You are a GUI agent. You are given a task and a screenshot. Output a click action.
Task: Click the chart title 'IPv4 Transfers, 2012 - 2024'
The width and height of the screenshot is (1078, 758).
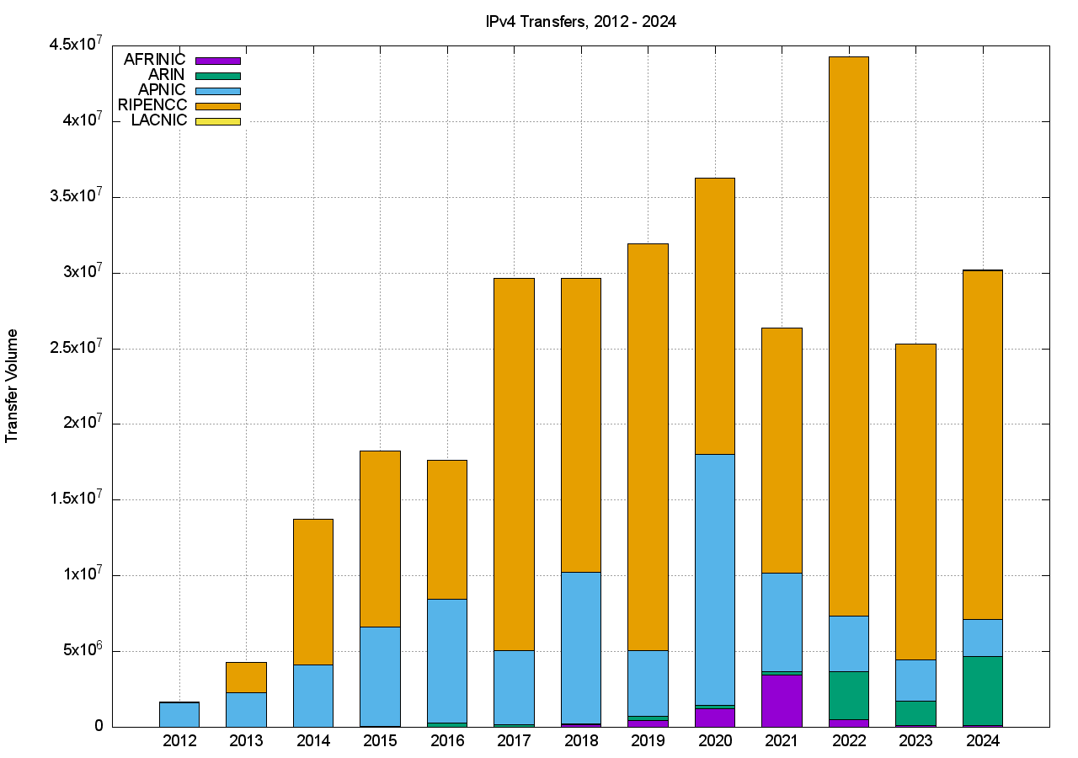tap(580, 22)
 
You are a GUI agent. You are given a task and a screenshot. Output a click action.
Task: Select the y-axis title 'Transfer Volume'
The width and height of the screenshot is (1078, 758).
tap(12, 386)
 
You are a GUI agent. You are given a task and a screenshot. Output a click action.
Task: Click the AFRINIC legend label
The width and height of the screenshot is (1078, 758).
tap(154, 60)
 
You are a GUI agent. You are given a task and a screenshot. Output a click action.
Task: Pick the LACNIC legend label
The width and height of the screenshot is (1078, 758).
tap(159, 120)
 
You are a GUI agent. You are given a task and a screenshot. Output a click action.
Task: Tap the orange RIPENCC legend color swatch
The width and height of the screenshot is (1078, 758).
tap(217, 106)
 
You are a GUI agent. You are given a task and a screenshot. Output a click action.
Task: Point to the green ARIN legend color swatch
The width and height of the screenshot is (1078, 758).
tap(217, 76)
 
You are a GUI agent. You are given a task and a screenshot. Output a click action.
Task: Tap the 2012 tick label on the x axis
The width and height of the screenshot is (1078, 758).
tap(179, 741)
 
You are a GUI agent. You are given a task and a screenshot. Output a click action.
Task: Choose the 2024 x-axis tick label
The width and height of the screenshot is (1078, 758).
tap(982, 741)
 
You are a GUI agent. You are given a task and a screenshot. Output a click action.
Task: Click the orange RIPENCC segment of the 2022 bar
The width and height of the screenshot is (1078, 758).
tap(848, 337)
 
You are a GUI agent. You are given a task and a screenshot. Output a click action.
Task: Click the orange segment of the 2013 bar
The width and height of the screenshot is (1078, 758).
tap(246, 677)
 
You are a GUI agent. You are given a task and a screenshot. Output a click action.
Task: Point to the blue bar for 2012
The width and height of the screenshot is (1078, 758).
tap(179, 714)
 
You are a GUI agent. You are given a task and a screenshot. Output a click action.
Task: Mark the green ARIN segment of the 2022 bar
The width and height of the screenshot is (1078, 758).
tap(848, 695)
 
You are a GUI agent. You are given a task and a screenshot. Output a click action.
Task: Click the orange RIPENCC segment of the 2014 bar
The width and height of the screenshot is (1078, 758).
tap(312, 591)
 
